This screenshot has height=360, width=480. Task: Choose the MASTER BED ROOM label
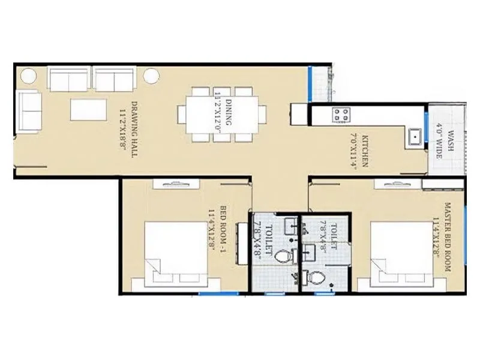(448, 237)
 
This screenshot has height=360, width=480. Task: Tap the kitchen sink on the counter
(413, 137)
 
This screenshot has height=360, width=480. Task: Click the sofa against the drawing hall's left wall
(29, 112)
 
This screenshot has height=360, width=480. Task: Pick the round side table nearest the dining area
(151, 76)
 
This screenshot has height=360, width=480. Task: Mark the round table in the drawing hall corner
(28, 76)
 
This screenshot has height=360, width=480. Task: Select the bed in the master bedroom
(393, 252)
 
